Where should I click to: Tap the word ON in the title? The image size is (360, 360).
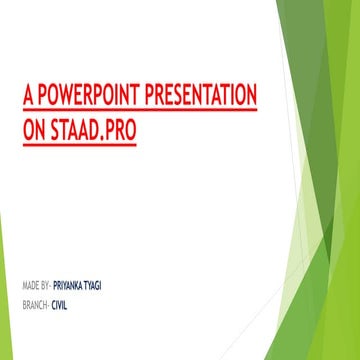(34, 132)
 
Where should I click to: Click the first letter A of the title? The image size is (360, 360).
(28, 98)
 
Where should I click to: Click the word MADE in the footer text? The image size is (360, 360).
(28, 286)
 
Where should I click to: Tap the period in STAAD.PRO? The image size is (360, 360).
(105, 138)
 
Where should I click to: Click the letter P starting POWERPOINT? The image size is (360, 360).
(43, 98)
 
